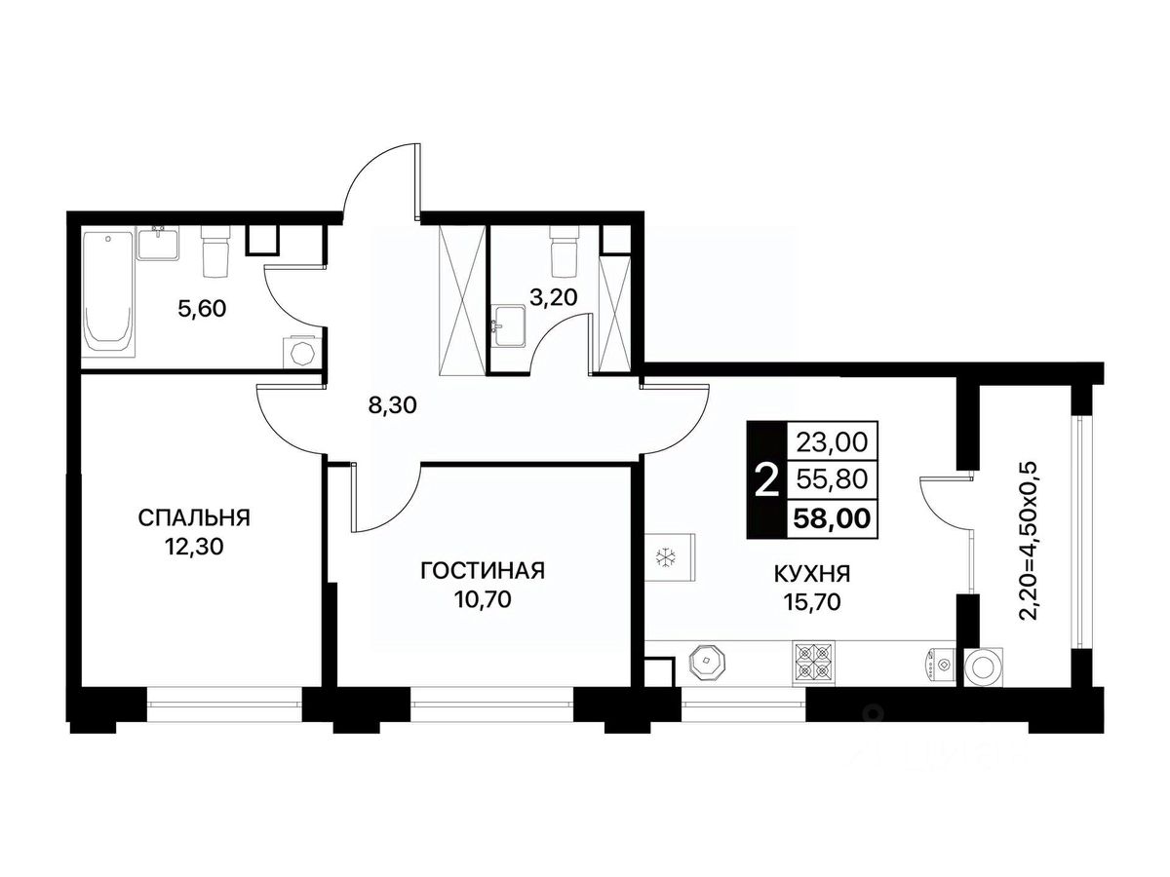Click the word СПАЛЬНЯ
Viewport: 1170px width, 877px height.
[x=193, y=517]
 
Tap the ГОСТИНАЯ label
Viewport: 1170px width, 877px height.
[x=483, y=571]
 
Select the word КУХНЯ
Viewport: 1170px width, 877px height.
[x=812, y=574]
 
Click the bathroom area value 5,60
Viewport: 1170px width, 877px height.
[x=202, y=309]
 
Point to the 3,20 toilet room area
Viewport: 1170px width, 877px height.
[x=553, y=297]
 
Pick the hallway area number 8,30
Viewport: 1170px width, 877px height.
[x=392, y=406]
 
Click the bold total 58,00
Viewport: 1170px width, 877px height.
[x=832, y=518]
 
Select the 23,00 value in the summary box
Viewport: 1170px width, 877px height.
[x=832, y=442]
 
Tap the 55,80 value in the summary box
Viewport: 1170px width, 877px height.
[x=832, y=479]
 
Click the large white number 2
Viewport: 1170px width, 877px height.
[x=767, y=479]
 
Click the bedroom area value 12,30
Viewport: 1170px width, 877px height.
[x=194, y=547]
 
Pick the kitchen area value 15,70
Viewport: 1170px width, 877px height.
[x=812, y=602]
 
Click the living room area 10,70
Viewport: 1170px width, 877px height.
[x=483, y=599]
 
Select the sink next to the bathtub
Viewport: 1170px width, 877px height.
[x=158, y=243]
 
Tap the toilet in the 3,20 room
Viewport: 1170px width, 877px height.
[x=564, y=250]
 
